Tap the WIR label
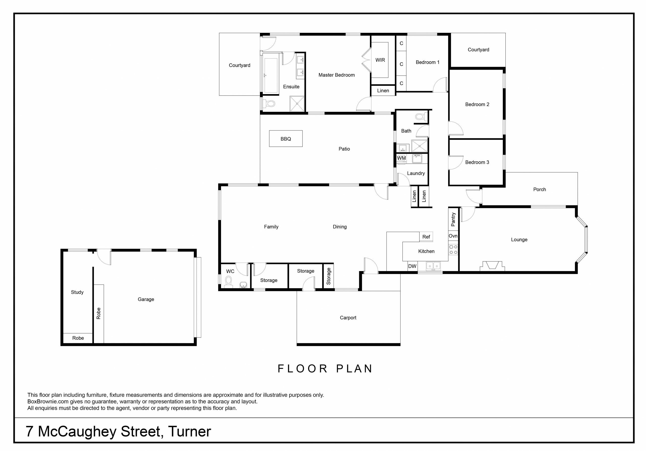[380, 60]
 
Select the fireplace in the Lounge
[492, 266]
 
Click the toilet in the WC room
[228, 282]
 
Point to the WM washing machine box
[401, 158]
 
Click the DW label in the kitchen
[412, 266]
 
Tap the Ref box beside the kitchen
[426, 237]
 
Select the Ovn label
[453, 236]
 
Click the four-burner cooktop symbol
[453, 250]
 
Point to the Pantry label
[453, 220]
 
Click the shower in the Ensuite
[297, 103]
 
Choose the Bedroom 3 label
[477, 162]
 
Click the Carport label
[348, 318]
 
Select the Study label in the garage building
[77, 292]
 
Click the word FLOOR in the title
[303, 368]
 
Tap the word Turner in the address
[189, 431]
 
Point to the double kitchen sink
[433, 266]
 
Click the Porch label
[539, 189]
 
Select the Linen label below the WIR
[383, 91]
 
